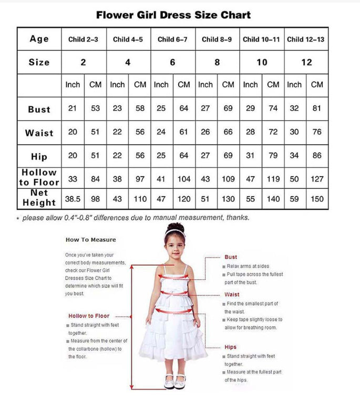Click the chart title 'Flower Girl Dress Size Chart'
pyautogui.click(x=173, y=15)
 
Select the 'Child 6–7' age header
pyautogui.click(x=172, y=39)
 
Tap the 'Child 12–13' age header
pyautogui.click(x=306, y=39)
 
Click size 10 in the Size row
pyautogui.click(x=262, y=62)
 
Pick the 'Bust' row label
pyautogui.click(x=39, y=109)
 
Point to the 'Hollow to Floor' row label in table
pyautogui.click(x=39, y=177)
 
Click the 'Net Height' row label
pyautogui.click(x=39, y=198)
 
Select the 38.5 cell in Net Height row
pyautogui.click(x=73, y=199)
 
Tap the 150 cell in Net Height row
pyautogui.click(x=317, y=199)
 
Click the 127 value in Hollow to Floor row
pyautogui.click(x=317, y=179)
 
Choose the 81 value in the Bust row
pyautogui.click(x=317, y=108)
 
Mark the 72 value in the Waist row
pyautogui.click(x=273, y=132)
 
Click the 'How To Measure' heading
pyautogui.click(x=90, y=240)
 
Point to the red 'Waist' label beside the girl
pyautogui.click(x=232, y=294)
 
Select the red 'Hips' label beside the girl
pyautogui.click(x=230, y=347)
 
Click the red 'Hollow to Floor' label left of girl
pyautogui.click(x=89, y=315)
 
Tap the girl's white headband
pyautogui.click(x=175, y=232)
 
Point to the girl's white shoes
pyautogui.click(x=175, y=380)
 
